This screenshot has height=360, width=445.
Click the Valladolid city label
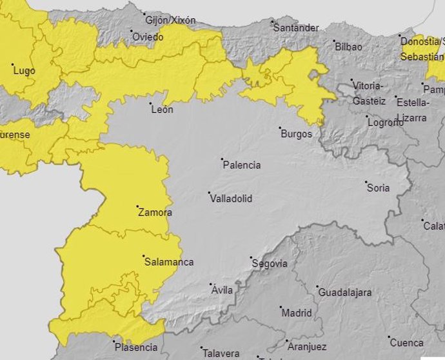(x=231, y=199)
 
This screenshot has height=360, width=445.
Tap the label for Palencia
(x=241, y=165)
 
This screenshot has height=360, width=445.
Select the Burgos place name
(x=297, y=134)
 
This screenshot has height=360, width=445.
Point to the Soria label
(x=378, y=188)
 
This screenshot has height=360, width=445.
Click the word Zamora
(x=155, y=212)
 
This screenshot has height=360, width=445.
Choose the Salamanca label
(x=168, y=262)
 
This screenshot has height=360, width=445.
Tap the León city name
(x=162, y=110)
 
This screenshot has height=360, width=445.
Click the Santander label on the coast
(x=296, y=28)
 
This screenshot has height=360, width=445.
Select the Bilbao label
(x=348, y=46)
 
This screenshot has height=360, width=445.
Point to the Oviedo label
(x=148, y=37)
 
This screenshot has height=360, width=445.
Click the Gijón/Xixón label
(x=170, y=20)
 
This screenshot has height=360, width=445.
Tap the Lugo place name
(x=25, y=70)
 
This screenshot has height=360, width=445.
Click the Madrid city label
(x=297, y=313)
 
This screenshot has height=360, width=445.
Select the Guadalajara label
(x=345, y=292)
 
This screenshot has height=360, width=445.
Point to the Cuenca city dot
(x=390, y=337)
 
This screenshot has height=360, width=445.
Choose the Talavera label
(x=221, y=354)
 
